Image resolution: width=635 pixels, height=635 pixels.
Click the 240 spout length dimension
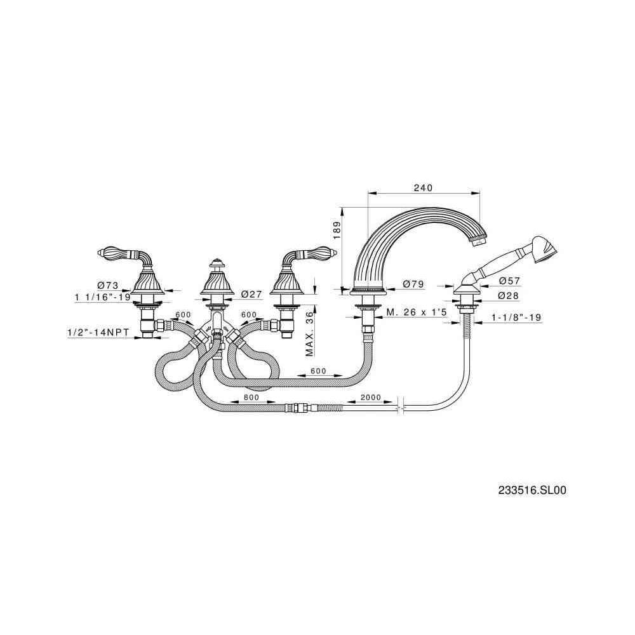[x=423, y=188]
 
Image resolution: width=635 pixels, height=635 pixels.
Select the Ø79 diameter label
[x=413, y=284]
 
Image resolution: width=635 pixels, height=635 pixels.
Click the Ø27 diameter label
[x=253, y=294]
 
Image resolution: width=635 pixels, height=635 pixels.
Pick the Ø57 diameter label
[x=510, y=281]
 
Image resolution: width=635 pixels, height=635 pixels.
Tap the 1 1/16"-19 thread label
[x=102, y=297]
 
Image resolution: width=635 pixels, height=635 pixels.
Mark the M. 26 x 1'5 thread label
[x=417, y=312]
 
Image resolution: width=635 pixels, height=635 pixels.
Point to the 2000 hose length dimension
[x=370, y=398]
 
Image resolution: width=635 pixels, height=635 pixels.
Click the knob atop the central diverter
[x=217, y=264]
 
